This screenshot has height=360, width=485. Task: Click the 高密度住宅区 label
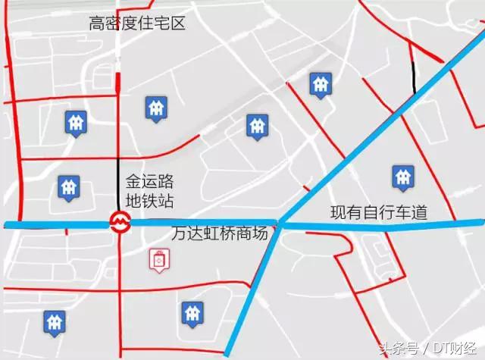coord(137,23)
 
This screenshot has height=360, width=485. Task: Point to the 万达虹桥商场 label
coord(220,233)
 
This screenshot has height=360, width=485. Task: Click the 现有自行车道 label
coord(378,213)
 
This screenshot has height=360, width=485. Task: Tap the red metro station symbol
coord(118,222)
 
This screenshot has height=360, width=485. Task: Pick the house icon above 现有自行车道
coord(402,177)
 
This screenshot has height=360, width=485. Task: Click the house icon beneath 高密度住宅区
coord(155,108)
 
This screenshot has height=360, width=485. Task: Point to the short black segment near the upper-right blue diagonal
coord(414,76)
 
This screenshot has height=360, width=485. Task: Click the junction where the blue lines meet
coord(280,224)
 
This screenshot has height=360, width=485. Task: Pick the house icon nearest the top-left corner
coord(75,120)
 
